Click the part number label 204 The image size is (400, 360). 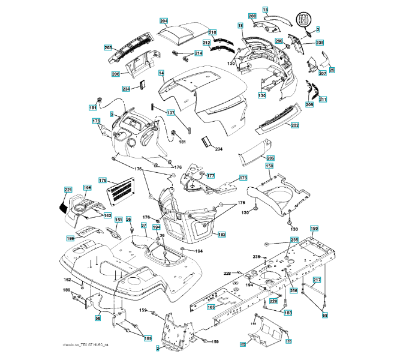[x=164, y=20]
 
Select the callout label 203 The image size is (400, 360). [x=108, y=47]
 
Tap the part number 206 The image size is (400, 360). [x=116, y=74]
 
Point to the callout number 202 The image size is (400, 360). [x=294, y=125]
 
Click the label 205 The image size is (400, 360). [x=270, y=158]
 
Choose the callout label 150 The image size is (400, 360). [x=270, y=166]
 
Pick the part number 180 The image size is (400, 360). [x=314, y=228]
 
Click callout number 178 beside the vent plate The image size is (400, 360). [x=103, y=180]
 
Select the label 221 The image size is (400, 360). [x=68, y=190]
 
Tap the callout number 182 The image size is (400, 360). [x=221, y=235]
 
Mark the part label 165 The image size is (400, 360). [x=211, y=307]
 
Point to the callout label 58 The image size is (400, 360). [x=98, y=318]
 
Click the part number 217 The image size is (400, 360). [x=317, y=280]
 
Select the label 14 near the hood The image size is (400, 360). [x=161, y=73]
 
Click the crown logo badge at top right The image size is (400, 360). [x=303, y=20]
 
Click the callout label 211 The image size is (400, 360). [x=323, y=98]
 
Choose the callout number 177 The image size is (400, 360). [x=210, y=176]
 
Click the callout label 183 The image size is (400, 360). [x=288, y=313]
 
